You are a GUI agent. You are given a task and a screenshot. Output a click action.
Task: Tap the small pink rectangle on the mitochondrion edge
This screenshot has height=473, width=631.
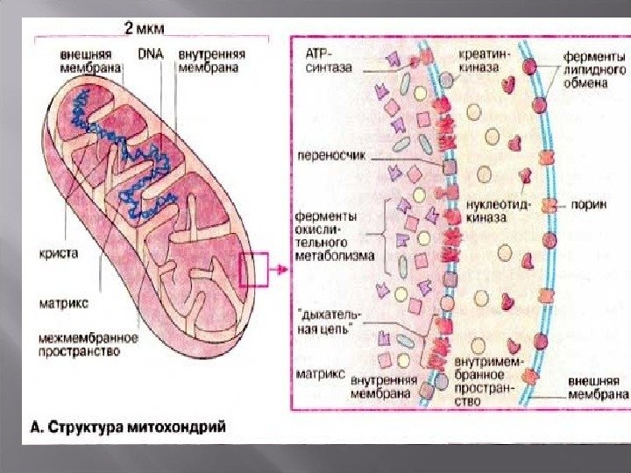point(252,270)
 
